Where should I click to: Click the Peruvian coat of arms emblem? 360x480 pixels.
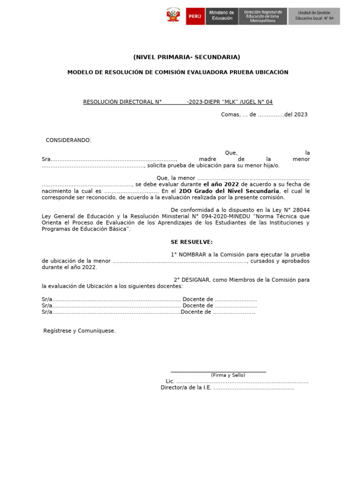click(x=173, y=16)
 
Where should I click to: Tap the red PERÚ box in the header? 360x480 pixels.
click(x=195, y=16)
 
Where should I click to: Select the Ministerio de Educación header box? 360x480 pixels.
click(x=221, y=16)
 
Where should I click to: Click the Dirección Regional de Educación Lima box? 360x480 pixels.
click(x=262, y=16)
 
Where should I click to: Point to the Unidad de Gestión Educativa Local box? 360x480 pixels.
click(x=314, y=16)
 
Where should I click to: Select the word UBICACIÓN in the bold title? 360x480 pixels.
click(x=271, y=72)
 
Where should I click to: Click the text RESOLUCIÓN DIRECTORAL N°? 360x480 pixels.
click(x=122, y=102)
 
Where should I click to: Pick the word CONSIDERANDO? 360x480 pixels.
click(x=68, y=141)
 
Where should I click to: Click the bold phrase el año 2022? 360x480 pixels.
click(x=221, y=185)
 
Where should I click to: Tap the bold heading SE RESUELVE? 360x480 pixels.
click(x=192, y=242)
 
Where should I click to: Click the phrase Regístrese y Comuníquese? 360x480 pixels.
click(x=79, y=331)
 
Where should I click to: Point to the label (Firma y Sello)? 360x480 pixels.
click(x=228, y=375)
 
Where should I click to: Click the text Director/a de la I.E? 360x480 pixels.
click(x=186, y=388)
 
